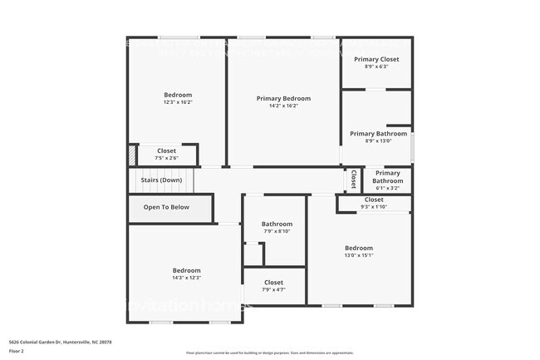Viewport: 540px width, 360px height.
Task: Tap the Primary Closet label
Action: [x=376, y=59]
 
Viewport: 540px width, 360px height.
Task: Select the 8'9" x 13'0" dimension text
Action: [x=378, y=141]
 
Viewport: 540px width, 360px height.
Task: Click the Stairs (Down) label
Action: [x=161, y=180]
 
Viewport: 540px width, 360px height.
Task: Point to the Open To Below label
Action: [x=166, y=208]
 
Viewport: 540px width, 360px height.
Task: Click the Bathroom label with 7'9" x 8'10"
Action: [x=277, y=224]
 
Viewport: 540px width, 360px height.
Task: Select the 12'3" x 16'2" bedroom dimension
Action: [x=178, y=102]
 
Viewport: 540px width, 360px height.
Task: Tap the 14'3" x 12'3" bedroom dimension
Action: [x=186, y=278]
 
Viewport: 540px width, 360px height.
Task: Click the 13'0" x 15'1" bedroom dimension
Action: [x=359, y=255]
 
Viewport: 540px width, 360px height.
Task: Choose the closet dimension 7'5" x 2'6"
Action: [x=166, y=158]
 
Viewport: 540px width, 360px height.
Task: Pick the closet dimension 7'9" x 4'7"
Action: [x=273, y=290]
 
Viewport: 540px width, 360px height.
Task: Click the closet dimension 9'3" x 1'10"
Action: [x=374, y=207]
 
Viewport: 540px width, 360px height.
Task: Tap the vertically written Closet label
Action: [x=353, y=179]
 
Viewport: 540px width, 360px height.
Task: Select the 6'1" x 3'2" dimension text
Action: [x=386, y=189]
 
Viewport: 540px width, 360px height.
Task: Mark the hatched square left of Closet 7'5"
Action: [x=131, y=155]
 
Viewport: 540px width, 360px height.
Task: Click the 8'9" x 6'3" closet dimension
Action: [x=376, y=67]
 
